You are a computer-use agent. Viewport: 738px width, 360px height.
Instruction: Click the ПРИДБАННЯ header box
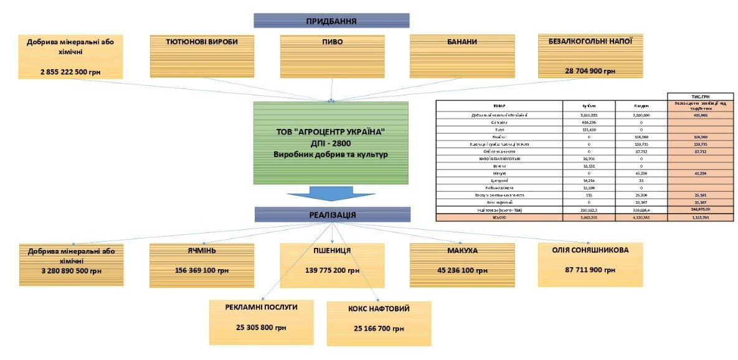coord(331,21)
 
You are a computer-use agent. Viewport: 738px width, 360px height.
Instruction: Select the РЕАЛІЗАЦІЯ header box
coord(332,215)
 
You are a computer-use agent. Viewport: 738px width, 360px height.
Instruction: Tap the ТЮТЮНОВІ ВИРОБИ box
coord(202,56)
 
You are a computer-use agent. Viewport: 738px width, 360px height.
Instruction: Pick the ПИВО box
coord(332,56)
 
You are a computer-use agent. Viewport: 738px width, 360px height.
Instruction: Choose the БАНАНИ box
coord(462,56)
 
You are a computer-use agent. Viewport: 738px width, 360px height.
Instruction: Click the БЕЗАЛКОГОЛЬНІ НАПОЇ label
coord(590,42)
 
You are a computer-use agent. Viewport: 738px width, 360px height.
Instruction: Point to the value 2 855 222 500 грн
coord(70,72)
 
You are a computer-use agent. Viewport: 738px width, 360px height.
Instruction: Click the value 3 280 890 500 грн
coord(70,271)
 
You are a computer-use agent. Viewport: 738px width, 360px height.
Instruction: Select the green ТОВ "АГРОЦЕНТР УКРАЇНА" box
coord(331,143)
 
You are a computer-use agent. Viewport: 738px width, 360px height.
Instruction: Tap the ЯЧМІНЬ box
coord(202,265)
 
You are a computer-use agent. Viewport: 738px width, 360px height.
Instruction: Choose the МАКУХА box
coord(462,265)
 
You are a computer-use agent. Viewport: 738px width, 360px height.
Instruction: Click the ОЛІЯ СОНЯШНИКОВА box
coord(590,265)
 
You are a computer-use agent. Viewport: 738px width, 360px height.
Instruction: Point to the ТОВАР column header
coord(499,106)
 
